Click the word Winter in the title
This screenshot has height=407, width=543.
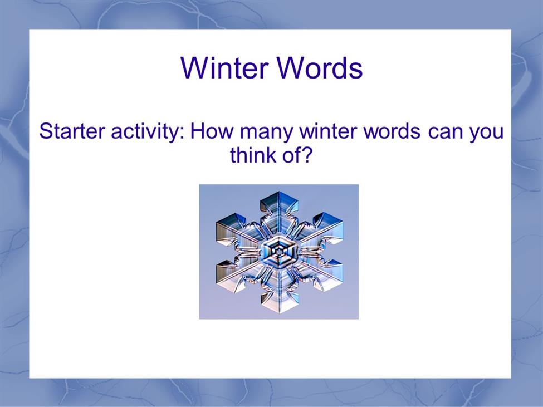tap(224, 67)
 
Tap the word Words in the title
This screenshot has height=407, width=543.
tap(320, 67)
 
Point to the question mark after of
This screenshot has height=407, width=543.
tap(306, 155)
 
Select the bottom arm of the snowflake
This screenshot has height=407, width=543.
tap(279, 290)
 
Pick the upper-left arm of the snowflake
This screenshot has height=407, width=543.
tap(239, 231)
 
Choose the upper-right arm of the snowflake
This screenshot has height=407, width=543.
tap(319, 231)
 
